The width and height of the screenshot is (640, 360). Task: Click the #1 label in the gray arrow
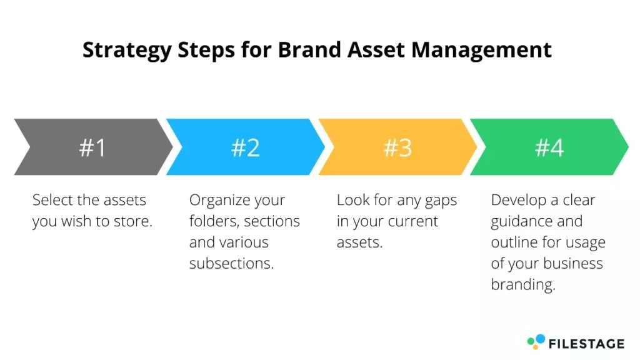tap(92, 147)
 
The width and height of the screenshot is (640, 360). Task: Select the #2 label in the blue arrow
tap(245, 147)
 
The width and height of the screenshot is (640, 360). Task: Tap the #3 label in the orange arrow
tap(397, 147)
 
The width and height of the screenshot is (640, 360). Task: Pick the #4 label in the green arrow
tap(549, 147)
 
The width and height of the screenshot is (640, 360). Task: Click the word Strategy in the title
tap(127, 51)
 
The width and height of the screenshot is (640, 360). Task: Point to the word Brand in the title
tap(309, 49)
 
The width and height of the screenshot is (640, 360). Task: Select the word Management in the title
tap(481, 51)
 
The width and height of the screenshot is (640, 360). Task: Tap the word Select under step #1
tap(52, 200)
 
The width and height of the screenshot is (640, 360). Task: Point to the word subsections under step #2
tap(231, 263)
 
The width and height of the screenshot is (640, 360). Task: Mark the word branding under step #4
tap(523, 285)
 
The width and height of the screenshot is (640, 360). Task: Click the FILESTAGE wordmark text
tap(586, 344)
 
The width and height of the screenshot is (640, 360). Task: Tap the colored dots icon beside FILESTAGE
tap(536, 342)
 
